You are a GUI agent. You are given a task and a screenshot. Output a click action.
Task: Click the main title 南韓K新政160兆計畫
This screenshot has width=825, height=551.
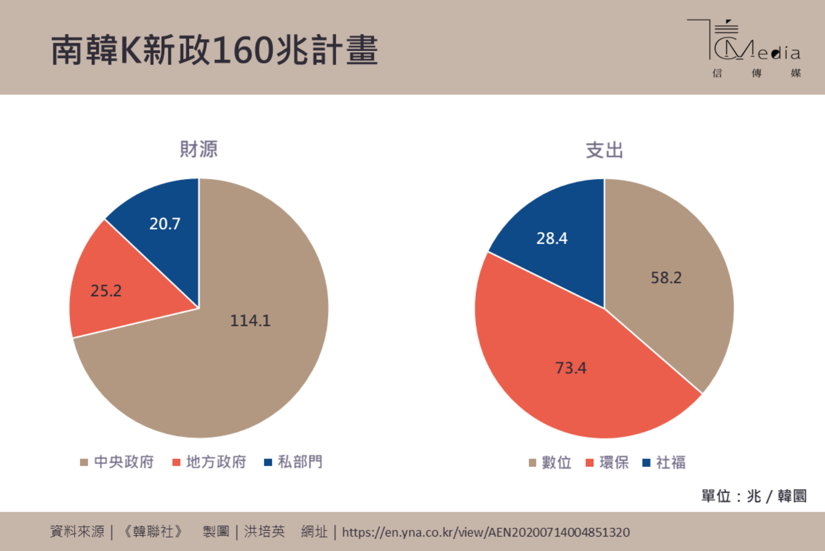pos(214,50)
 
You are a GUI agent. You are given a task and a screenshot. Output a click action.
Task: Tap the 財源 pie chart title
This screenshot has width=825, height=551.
pos(199,149)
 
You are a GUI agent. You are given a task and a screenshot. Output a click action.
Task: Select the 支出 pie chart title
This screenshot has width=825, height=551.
pos(604,150)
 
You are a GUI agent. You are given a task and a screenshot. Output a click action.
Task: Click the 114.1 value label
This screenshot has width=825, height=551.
pos(250,320)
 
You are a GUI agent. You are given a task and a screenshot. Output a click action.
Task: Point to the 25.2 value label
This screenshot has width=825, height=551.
pos(106,291)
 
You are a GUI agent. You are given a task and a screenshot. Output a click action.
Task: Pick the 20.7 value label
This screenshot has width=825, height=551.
pos(165,224)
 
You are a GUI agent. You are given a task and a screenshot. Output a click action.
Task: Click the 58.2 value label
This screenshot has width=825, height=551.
pos(666,277)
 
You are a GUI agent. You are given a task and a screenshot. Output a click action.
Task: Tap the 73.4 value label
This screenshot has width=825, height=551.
pos(570,368)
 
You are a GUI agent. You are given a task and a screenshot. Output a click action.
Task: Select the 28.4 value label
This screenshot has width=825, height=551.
pos(552,238)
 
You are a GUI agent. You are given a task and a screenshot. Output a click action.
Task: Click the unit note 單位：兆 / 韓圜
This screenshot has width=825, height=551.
pos(754,496)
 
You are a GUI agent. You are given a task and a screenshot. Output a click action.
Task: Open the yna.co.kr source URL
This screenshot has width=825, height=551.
pos(486,532)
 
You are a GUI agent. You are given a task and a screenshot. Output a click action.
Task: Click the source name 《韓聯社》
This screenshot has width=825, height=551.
pos(153,532)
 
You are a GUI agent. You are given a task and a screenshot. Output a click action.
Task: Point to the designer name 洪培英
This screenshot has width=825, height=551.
pos(264,532)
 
